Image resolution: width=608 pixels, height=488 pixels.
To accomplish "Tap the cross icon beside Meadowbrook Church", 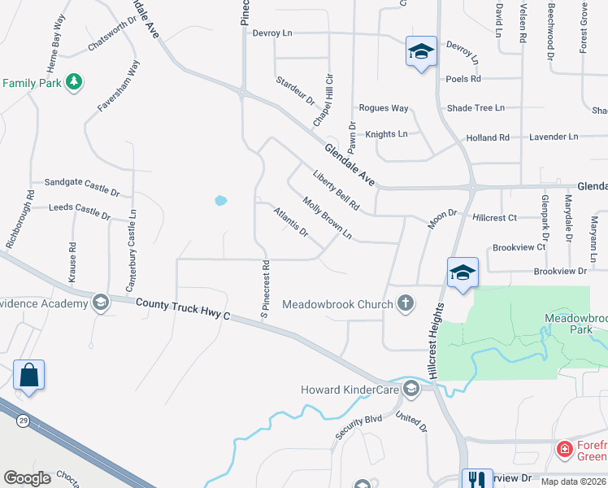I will (406, 304).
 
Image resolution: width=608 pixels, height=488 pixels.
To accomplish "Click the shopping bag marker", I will (28, 376).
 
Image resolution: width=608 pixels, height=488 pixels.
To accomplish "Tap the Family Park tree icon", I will (74, 82).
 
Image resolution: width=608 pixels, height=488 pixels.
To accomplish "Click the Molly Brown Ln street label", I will (327, 218).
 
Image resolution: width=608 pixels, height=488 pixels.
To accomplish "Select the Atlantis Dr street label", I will (290, 222).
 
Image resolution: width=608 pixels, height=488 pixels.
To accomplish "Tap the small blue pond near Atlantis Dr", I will (220, 199).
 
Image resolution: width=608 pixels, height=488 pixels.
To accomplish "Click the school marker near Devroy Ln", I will (421, 52).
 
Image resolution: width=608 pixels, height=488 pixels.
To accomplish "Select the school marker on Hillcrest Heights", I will (462, 272).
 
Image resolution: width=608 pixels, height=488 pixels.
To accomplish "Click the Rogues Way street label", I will (384, 108).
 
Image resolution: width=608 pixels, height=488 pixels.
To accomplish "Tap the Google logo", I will (28, 478).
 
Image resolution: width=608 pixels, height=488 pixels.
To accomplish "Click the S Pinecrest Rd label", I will (265, 288).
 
